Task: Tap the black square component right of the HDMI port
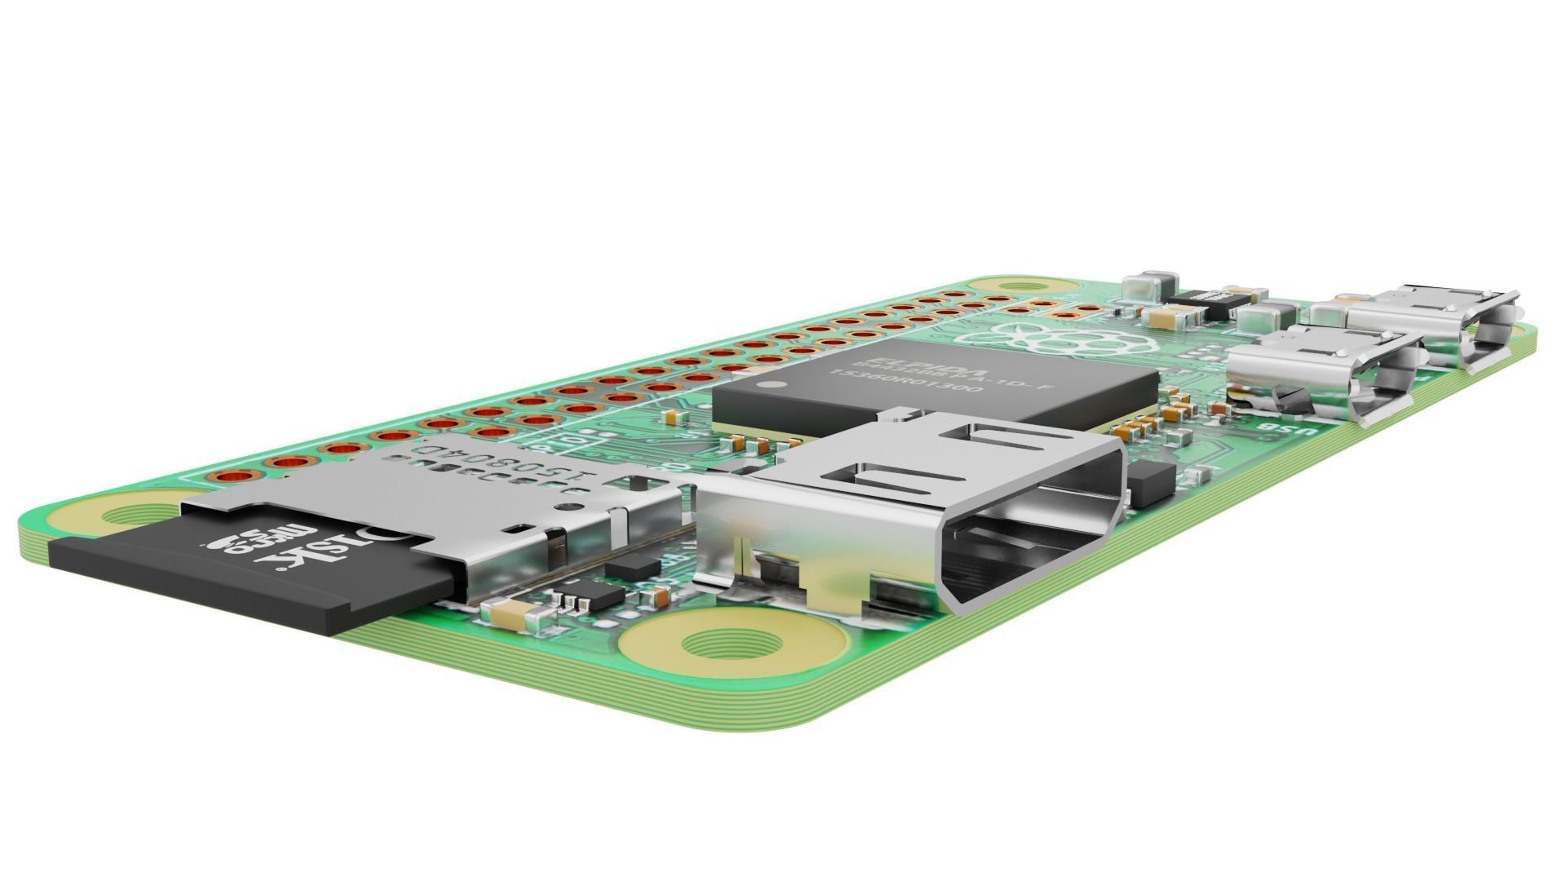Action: pos(1151,481)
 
